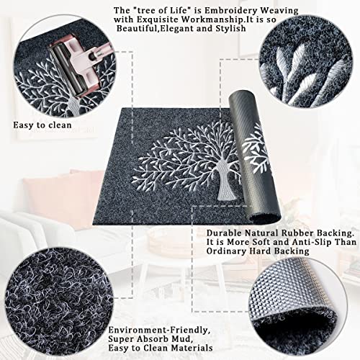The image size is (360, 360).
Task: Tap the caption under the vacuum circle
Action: click(41, 124)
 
